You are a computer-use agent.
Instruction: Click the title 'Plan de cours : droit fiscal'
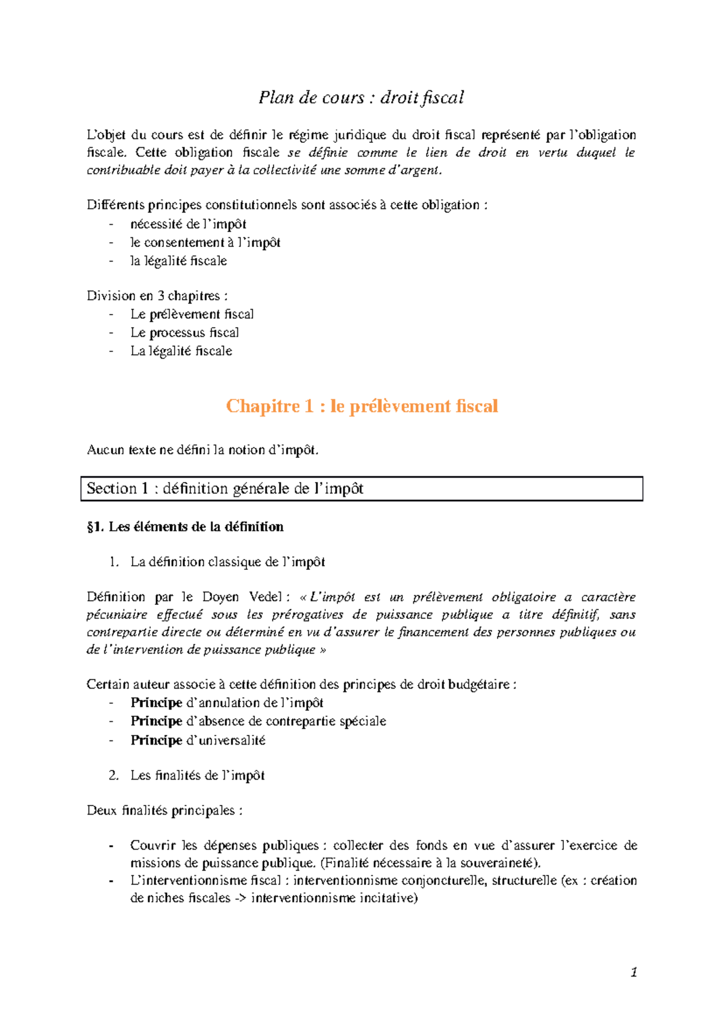click(361, 98)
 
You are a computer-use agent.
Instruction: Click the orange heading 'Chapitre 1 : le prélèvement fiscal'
click(361, 406)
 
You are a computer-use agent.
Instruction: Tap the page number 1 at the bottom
click(633, 972)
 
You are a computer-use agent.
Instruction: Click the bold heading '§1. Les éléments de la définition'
click(185, 527)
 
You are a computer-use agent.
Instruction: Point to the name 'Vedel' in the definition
click(265, 597)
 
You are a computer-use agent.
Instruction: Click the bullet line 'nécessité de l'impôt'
click(188, 224)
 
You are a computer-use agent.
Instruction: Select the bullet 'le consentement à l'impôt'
click(205, 242)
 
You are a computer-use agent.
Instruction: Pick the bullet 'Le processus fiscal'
click(184, 333)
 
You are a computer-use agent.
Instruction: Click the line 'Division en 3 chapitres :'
click(157, 296)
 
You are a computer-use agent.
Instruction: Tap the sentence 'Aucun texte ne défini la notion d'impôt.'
click(202, 449)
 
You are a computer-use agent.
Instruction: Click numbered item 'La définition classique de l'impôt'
click(227, 562)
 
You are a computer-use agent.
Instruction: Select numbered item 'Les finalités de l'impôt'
click(197, 775)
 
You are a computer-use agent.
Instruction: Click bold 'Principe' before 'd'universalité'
click(156, 740)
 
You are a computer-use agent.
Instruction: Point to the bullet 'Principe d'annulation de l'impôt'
click(227, 702)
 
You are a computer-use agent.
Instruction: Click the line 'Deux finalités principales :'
click(164, 810)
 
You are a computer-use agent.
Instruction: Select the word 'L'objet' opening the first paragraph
click(106, 135)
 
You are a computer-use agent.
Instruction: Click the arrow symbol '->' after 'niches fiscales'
click(240, 898)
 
